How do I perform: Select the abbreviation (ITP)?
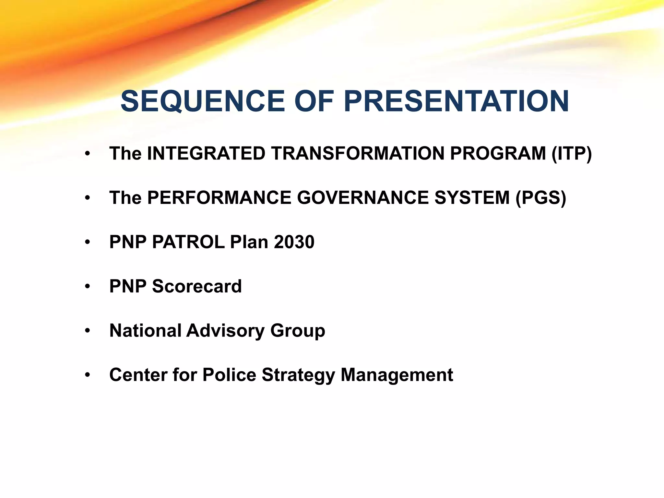coord(572,154)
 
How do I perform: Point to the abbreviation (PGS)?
coord(540,198)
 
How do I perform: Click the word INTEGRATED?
coord(206,154)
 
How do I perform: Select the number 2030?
coord(294,242)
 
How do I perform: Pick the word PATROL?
coord(188,242)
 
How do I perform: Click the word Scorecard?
coord(197,286)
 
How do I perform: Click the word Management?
coord(397,375)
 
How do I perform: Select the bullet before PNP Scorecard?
coord(87,287)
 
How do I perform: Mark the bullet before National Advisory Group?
coord(87,331)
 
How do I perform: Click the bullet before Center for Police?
coord(87,375)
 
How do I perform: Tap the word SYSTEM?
coord(472,198)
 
